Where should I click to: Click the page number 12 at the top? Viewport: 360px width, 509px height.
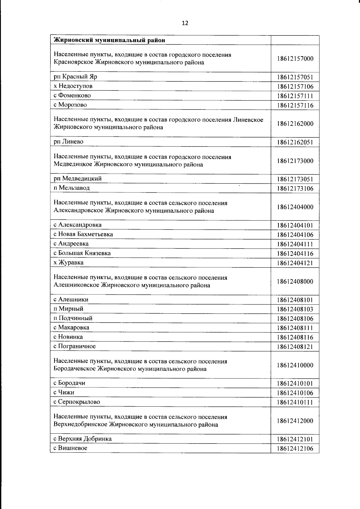(185, 23)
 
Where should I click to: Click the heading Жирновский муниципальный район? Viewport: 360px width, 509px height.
(109, 40)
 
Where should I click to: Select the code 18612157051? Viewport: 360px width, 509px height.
(295, 77)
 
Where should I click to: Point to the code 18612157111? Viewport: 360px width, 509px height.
(295, 96)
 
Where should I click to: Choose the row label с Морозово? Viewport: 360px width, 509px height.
(70, 105)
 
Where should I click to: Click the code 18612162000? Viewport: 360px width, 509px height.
(295, 124)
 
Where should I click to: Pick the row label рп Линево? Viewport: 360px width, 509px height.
(68, 142)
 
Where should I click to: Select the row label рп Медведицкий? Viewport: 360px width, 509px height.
(77, 179)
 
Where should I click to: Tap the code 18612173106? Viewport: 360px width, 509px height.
(295, 188)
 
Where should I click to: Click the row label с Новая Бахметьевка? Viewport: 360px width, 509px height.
(83, 234)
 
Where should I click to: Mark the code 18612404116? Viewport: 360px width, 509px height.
(295, 254)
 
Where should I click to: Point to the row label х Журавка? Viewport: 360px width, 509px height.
(68, 263)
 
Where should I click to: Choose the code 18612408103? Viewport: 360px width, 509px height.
(295, 309)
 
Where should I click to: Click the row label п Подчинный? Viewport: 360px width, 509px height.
(73, 318)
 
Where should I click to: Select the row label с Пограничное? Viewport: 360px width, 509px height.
(75, 346)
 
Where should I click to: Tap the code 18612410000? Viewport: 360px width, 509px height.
(295, 365)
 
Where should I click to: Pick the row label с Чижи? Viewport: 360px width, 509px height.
(64, 393)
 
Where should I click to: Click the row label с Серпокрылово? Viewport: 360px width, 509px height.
(77, 402)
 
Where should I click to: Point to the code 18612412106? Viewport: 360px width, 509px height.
(295, 449)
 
